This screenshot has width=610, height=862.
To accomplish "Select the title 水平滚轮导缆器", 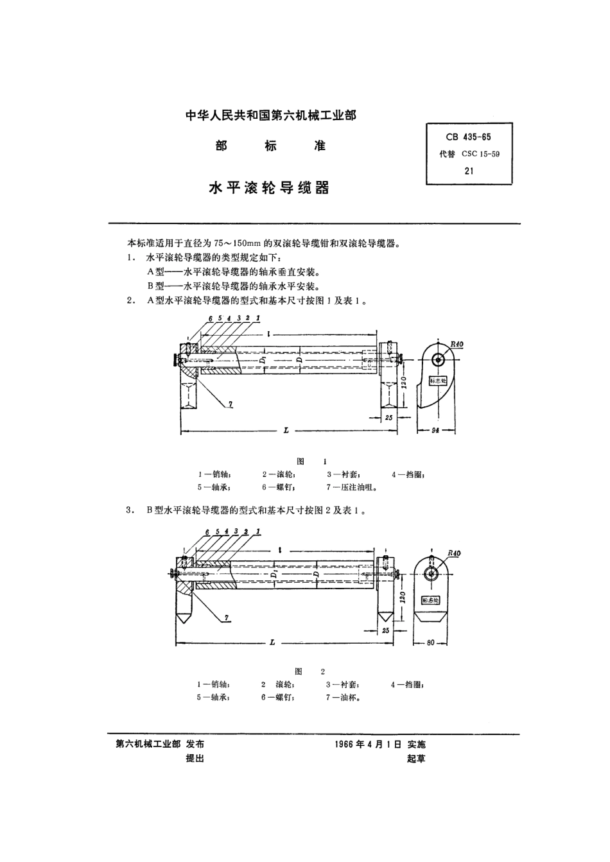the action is (x=269, y=188).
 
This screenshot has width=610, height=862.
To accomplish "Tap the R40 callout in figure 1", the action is (x=457, y=345).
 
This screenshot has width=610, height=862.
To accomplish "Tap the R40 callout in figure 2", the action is (x=454, y=553).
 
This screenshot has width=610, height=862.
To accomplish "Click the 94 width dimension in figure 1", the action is (x=437, y=431).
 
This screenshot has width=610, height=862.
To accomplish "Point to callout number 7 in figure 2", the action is (x=227, y=617).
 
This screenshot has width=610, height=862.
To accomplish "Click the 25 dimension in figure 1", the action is (x=388, y=418).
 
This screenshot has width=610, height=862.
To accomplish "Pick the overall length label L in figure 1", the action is (x=285, y=431).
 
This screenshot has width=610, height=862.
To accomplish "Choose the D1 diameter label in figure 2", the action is (x=274, y=574).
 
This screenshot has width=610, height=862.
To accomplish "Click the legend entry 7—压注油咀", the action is (x=351, y=487).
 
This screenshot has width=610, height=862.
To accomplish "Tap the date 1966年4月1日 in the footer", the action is (x=368, y=745).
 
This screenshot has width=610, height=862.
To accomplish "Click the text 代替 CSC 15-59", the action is (x=468, y=154).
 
